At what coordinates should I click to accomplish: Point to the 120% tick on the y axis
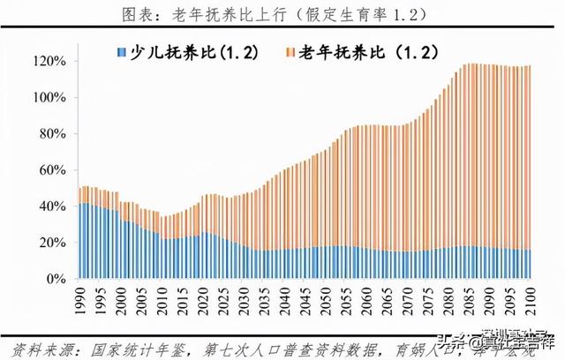click(49, 62)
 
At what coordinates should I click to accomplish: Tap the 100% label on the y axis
click(49, 98)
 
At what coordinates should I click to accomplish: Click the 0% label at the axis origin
click(55, 279)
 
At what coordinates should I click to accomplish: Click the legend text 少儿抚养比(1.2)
click(190, 54)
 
